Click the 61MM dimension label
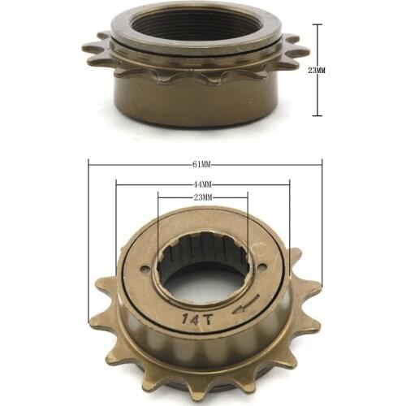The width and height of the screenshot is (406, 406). click(201, 164)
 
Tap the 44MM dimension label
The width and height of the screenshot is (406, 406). click(201, 184)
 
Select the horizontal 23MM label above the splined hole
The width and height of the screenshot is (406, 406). click(201, 197)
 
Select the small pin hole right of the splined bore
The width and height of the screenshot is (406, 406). click(263, 270)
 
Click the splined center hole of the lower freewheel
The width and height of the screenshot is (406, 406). click(203, 276)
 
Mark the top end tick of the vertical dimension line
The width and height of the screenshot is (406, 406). click(317, 25)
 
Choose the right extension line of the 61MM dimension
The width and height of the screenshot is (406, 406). click(322, 219)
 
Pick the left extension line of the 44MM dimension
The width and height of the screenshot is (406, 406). click(116, 219)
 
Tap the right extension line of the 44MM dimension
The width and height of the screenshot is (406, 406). click(289, 219)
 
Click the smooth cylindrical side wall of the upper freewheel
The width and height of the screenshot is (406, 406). click(195, 101)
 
